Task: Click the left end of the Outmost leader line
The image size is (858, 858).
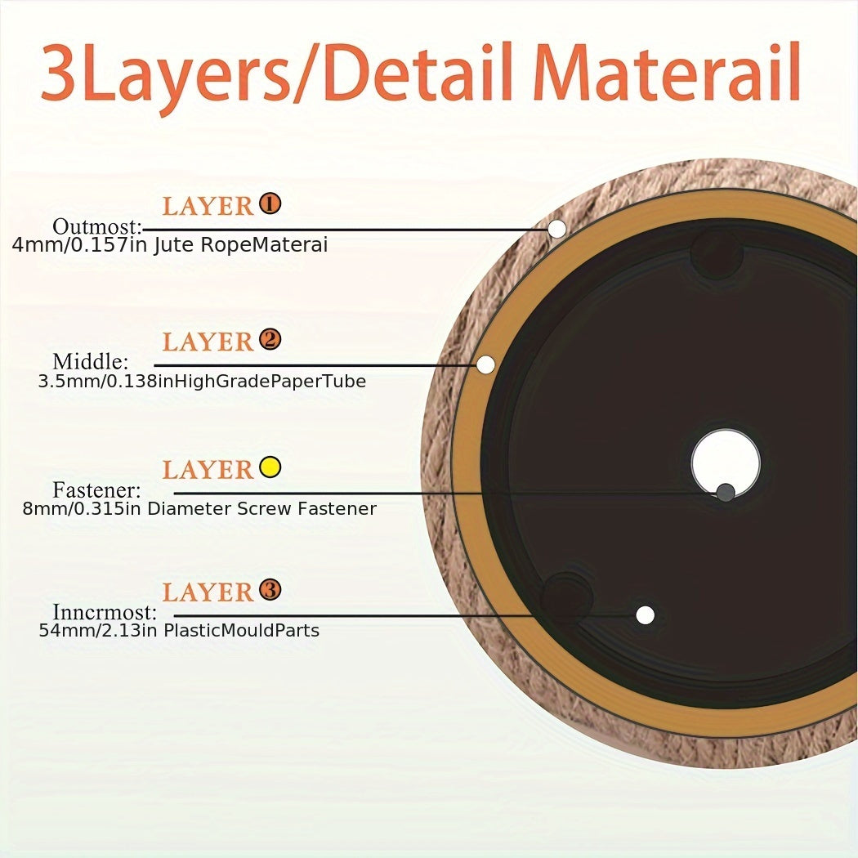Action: [143, 230]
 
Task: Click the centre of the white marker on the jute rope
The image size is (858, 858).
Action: [557, 229]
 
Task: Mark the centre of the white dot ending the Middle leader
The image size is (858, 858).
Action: [486, 364]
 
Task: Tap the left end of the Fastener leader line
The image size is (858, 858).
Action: [174, 493]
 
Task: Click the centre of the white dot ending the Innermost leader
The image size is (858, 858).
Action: [646, 615]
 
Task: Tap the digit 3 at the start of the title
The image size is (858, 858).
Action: [59, 73]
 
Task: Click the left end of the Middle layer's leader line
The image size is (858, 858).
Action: [155, 365]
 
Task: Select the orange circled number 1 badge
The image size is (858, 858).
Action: [270, 203]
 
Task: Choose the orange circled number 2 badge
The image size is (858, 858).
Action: [270, 339]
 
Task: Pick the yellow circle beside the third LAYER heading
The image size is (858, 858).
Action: [270, 467]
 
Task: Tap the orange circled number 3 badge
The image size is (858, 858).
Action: [270, 589]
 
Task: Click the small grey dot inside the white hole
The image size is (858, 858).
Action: [726, 493]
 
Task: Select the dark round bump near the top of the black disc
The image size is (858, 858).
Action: [717, 252]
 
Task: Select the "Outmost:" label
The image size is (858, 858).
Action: [97, 226]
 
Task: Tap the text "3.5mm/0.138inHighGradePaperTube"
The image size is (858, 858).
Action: [202, 382]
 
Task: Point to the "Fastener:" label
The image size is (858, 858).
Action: [96, 489]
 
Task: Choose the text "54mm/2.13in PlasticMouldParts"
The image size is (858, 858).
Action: [179, 630]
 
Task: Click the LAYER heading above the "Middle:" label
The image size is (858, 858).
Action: [208, 342]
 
